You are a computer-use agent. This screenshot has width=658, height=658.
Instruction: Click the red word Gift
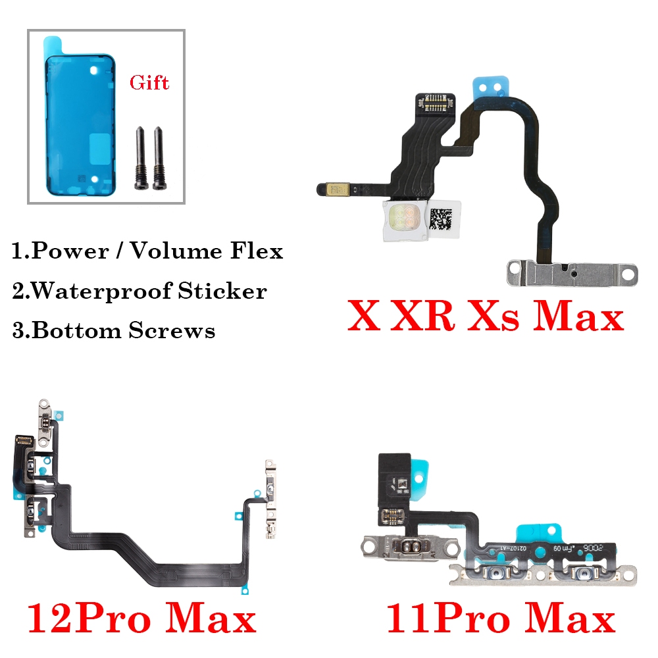coord(149,83)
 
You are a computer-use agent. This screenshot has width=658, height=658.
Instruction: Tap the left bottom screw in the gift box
coord(140,158)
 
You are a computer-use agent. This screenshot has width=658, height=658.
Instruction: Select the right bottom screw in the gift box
coord(159,158)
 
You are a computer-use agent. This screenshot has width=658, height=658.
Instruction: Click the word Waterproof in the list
coord(101,291)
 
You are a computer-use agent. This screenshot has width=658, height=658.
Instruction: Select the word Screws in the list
coord(172,330)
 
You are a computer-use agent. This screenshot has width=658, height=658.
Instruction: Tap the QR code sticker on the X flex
coord(443,218)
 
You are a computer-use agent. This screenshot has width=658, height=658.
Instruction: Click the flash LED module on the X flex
coord(405,220)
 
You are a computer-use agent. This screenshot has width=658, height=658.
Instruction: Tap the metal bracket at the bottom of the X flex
coord(572,273)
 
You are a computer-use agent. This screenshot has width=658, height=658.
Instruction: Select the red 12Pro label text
coord(89,618)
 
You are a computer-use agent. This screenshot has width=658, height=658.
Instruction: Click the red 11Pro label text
coord(447,618)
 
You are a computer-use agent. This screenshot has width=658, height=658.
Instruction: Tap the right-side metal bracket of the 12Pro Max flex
coord(270,499)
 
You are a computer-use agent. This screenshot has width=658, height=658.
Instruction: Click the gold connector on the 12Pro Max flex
coord(24,440)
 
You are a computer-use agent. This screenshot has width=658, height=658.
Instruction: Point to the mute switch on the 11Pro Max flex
coord(409,546)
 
